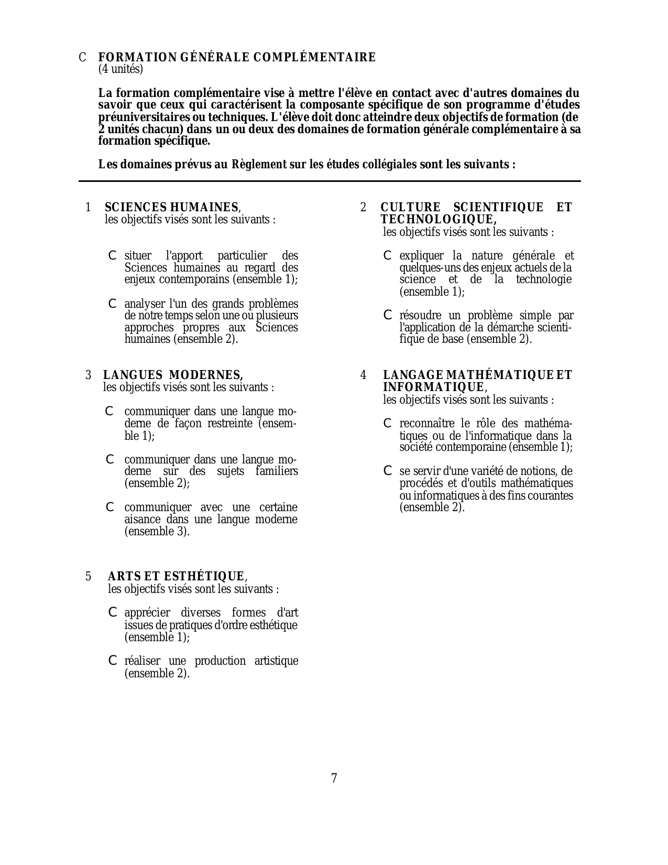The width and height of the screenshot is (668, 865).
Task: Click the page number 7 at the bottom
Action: coord(334,779)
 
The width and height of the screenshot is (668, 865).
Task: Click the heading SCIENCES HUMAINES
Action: coord(172,208)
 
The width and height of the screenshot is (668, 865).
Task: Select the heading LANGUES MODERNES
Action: coord(173,375)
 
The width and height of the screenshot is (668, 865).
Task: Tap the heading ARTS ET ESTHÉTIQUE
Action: coord(176,577)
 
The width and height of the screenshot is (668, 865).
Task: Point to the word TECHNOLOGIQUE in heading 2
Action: coord(438,220)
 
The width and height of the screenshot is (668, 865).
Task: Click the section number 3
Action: coord(89,375)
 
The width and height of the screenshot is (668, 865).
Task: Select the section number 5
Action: coord(89,577)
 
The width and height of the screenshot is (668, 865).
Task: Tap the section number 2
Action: coord(363,208)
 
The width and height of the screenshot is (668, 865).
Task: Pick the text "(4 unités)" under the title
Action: coord(121,69)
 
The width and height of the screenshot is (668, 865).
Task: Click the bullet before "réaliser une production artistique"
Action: coord(112,661)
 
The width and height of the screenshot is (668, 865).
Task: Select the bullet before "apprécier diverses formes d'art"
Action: coord(112,612)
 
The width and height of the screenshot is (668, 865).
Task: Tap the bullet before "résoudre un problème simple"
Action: coord(388,315)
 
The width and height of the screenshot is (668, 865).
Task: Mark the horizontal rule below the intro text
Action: coord(330,181)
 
